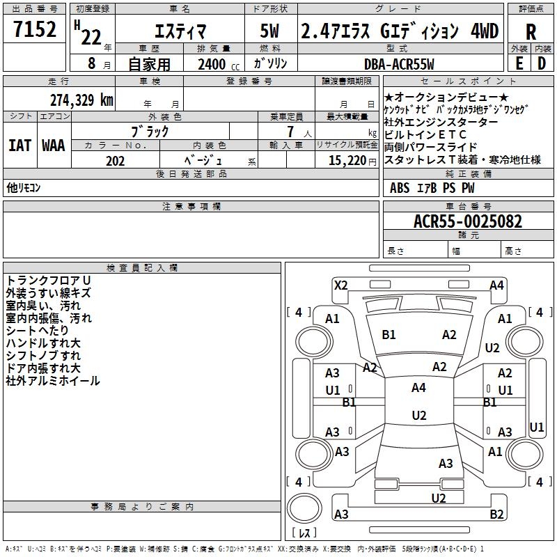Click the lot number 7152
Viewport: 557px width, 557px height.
pyautogui.click(x=35, y=29)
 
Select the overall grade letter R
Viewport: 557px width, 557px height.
pyautogui.click(x=531, y=32)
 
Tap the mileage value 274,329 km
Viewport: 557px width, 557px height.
pyautogui.click(x=81, y=100)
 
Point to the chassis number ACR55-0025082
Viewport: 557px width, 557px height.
pyautogui.click(x=468, y=221)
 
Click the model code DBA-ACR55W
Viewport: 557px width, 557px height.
pyautogui.click(x=399, y=64)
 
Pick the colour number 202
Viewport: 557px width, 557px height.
pyautogui.click(x=115, y=161)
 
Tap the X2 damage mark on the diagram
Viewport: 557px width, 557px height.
pyautogui.click(x=340, y=285)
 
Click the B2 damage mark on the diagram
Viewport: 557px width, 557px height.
pyautogui.click(x=496, y=514)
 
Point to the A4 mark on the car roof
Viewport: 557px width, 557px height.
pyautogui.click(x=419, y=388)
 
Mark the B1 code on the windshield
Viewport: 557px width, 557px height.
pyautogui.click(x=389, y=335)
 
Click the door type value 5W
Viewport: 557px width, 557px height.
pyautogui.click(x=269, y=31)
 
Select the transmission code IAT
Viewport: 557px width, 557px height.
pyautogui.click(x=20, y=146)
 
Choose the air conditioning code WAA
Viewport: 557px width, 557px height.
pyautogui.click(x=54, y=146)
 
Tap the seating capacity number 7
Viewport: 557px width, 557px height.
pyautogui.click(x=290, y=132)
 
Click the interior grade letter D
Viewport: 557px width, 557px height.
pyautogui.click(x=542, y=63)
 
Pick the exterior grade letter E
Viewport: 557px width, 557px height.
pyautogui.click(x=519, y=63)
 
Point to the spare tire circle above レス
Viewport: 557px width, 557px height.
pyautogui.click(x=304, y=508)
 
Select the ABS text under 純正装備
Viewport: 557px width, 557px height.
pyautogui.click(x=400, y=188)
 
